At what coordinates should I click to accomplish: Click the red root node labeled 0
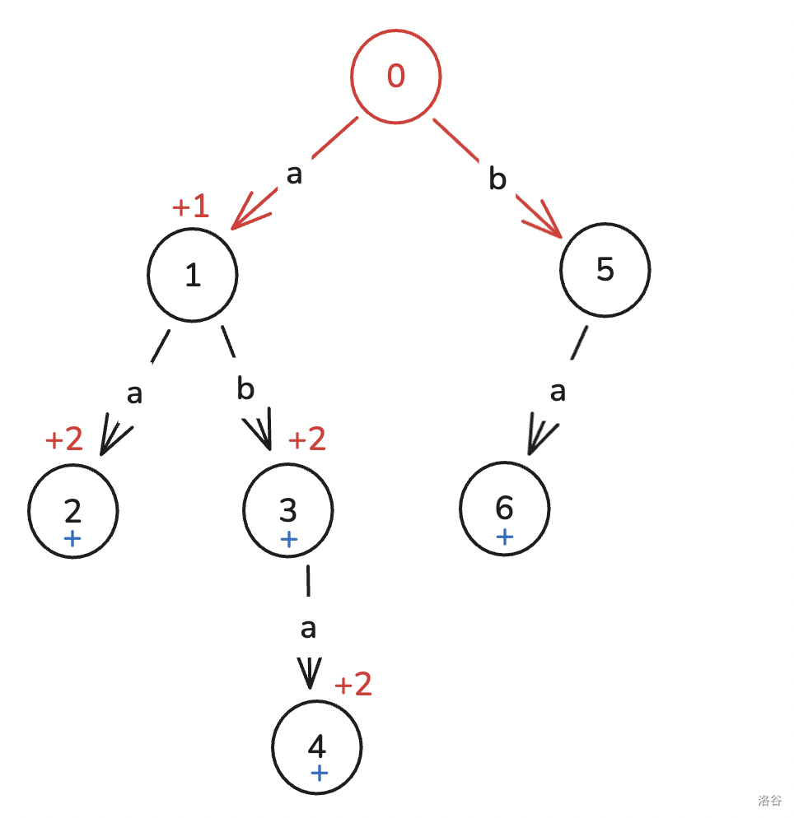[x=396, y=77]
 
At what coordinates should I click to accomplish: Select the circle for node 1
[x=193, y=275]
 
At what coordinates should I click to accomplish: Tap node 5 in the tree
[x=605, y=270]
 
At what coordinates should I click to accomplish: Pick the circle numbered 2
[x=73, y=513]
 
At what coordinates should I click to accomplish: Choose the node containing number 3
[x=288, y=511]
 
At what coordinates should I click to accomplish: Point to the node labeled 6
[x=504, y=510]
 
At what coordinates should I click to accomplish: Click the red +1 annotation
[x=190, y=207]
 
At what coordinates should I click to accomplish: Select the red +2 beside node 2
[x=64, y=440]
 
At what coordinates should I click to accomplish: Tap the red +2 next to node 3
[x=307, y=439]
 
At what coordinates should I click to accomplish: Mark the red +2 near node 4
[x=353, y=684]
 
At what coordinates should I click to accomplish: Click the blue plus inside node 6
[x=505, y=537]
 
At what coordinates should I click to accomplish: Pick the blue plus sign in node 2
[x=73, y=540]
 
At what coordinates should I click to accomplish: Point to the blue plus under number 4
[x=320, y=773]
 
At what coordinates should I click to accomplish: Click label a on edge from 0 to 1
[x=294, y=174]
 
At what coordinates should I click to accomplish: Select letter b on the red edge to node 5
[x=497, y=179]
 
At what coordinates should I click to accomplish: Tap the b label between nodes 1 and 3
[x=245, y=389]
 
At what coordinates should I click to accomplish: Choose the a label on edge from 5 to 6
[x=558, y=393]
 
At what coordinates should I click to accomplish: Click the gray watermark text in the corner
[x=769, y=800]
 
